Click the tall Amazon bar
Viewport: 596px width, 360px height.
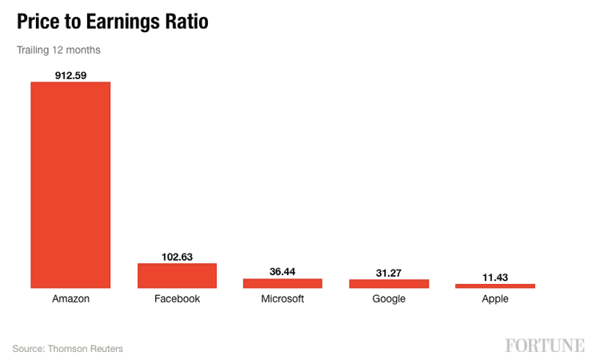point(70,184)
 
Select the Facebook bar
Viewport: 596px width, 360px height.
point(177,275)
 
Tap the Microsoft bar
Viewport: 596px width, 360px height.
point(282,283)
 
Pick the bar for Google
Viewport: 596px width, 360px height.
point(389,283)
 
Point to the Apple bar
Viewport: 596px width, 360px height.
point(494,286)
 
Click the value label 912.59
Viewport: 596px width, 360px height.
point(70,75)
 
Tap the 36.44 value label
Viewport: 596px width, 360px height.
point(282,272)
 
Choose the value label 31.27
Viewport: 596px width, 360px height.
point(389,273)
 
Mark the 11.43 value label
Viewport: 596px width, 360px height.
point(494,278)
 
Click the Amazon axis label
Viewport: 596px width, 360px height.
point(70,299)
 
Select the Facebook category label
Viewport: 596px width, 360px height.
point(177,299)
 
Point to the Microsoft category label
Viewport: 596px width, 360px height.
point(282,299)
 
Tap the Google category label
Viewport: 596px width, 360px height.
point(389,299)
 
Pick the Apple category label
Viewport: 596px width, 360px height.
point(494,299)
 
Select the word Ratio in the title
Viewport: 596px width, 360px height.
point(186,22)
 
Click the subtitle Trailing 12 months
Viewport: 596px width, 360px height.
point(58,50)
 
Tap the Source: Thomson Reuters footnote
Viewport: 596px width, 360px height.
point(68,348)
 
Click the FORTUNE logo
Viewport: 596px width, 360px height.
point(544,346)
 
